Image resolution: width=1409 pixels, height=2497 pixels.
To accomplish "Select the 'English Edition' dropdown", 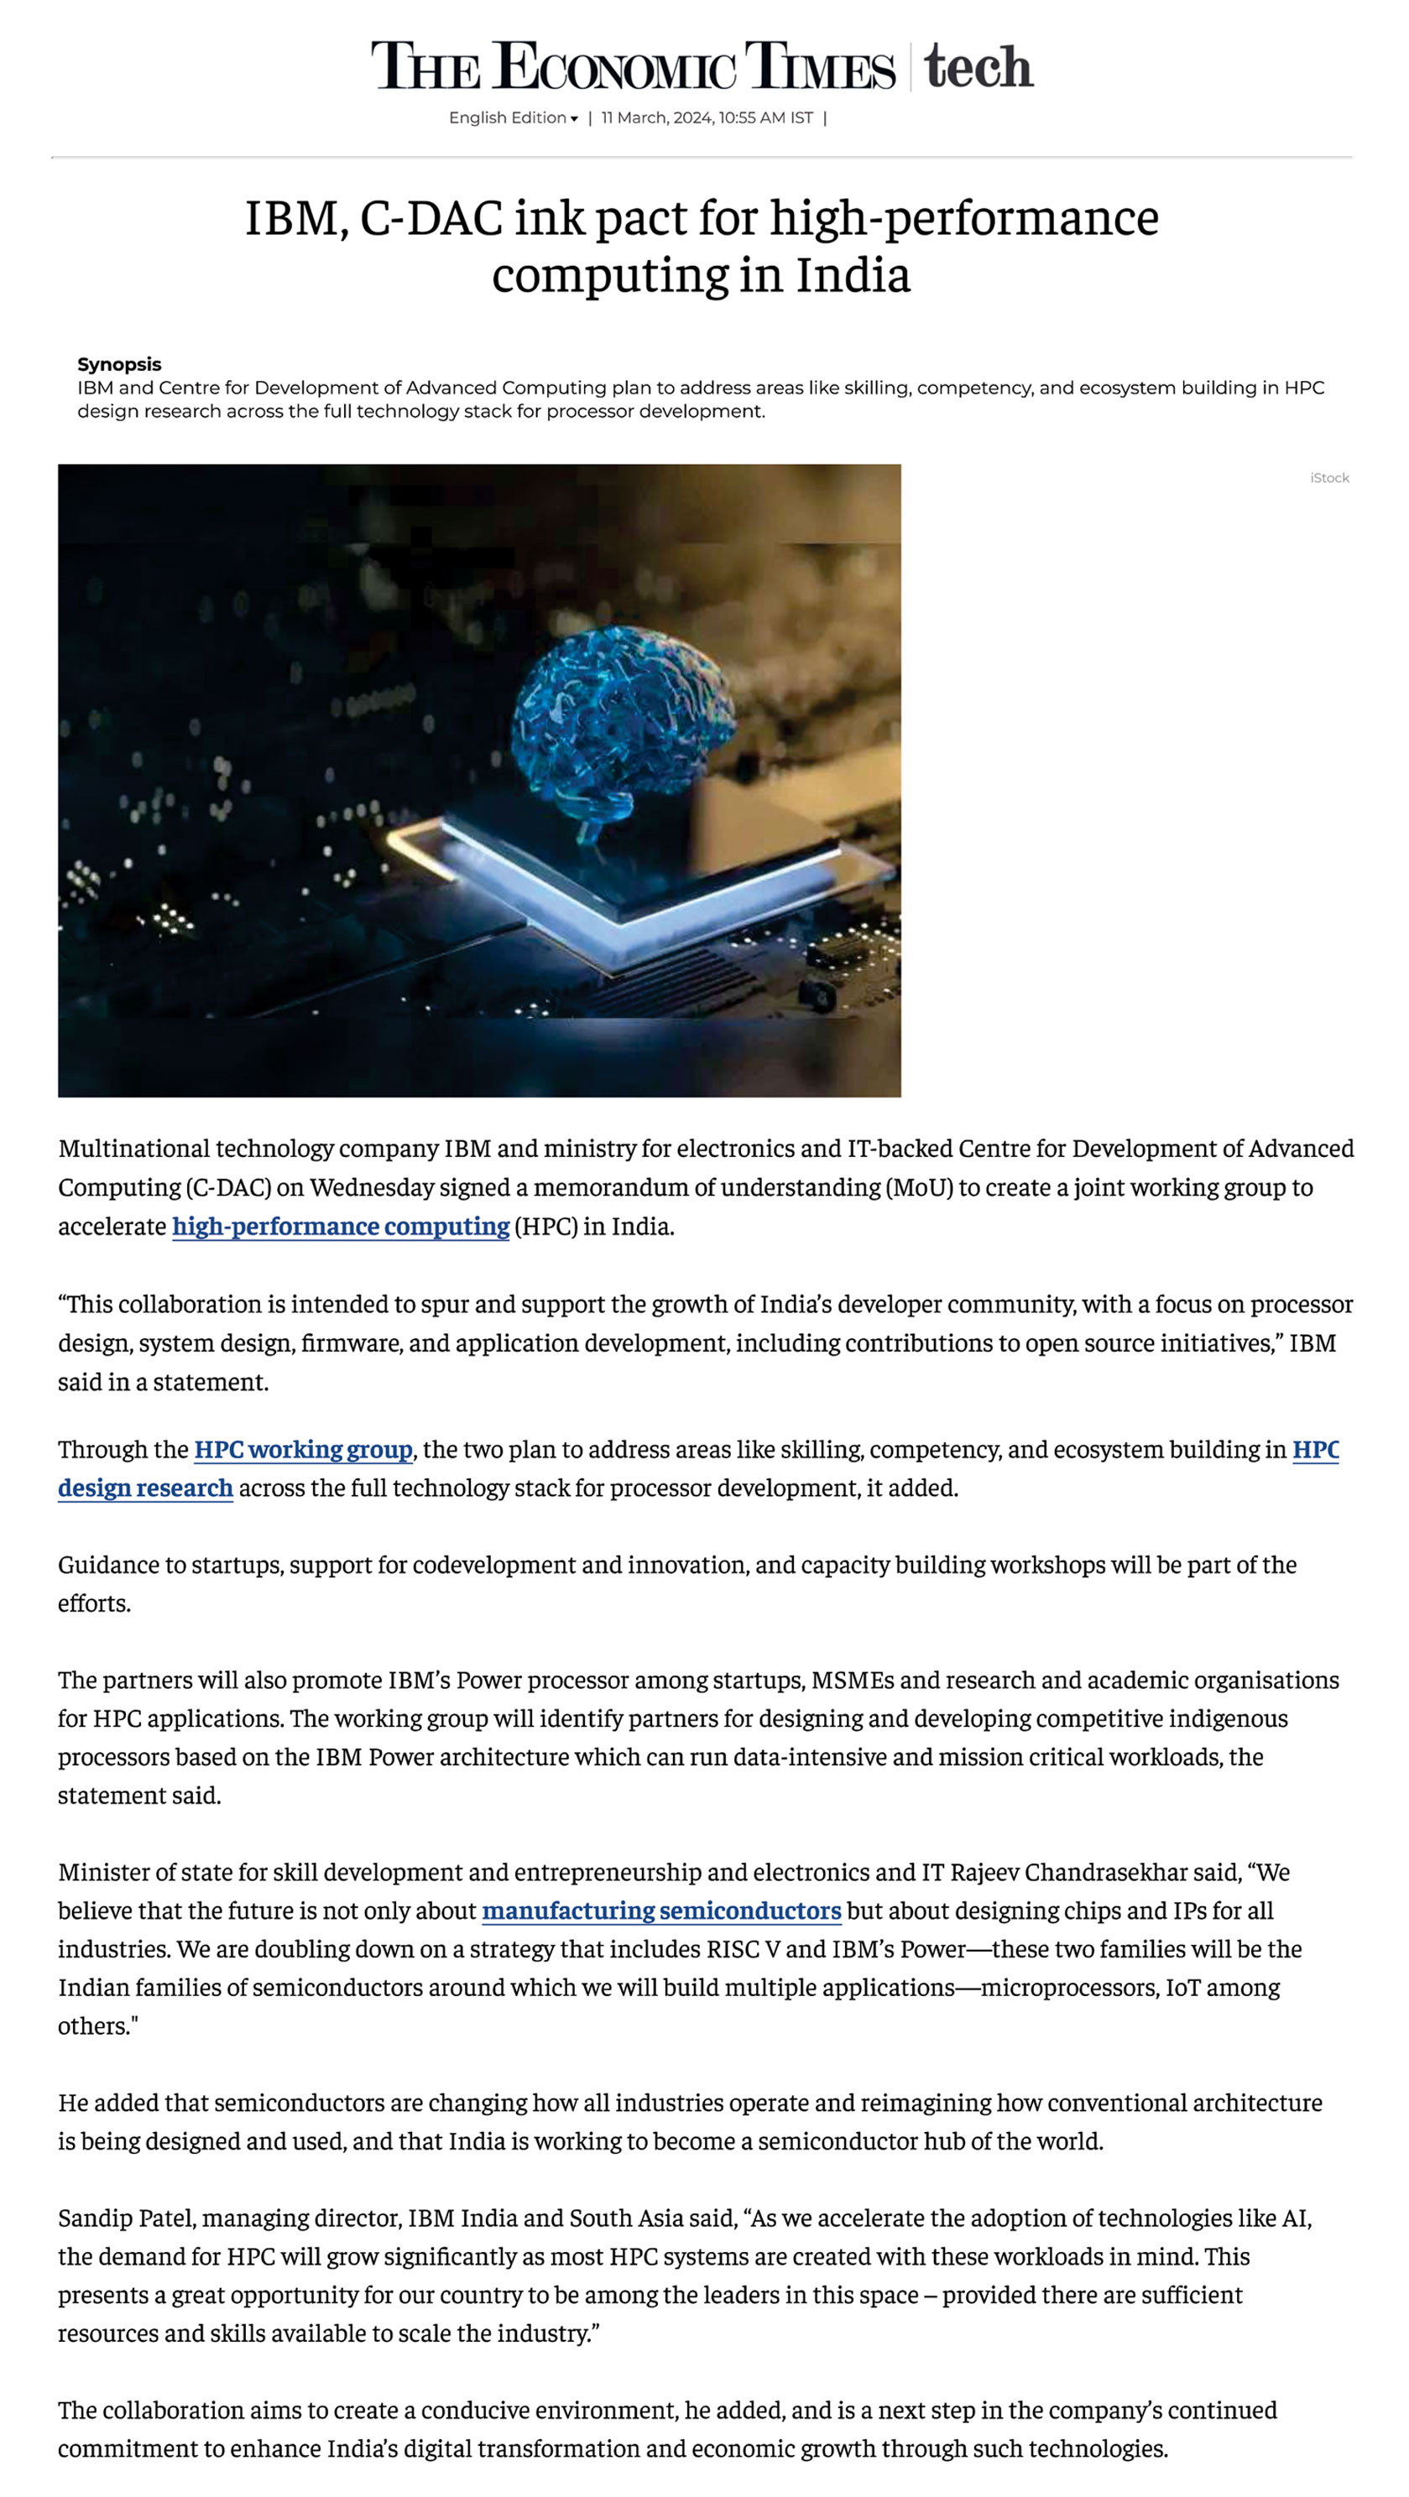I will [x=512, y=118].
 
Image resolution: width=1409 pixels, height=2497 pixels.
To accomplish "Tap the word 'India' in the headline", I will [x=853, y=275].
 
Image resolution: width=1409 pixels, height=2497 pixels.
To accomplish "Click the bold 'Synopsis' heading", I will [x=119, y=364].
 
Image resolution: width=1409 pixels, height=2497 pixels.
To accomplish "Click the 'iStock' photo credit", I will [x=1328, y=478].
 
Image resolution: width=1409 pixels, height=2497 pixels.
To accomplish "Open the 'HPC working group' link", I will [x=303, y=1449].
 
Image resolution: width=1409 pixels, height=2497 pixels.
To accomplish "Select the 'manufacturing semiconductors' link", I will [x=660, y=1911].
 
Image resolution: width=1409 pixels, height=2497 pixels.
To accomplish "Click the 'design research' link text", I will [x=145, y=1488].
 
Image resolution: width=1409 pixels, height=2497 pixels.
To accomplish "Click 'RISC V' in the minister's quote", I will [x=743, y=1948].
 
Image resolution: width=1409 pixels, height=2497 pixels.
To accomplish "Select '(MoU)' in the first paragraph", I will [x=918, y=1187].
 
